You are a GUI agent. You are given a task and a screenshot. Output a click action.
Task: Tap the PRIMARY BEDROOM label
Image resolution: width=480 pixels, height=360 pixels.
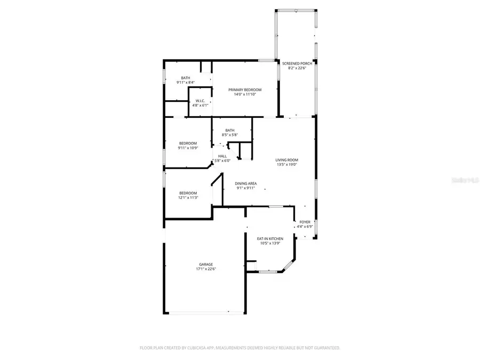tap(245, 90)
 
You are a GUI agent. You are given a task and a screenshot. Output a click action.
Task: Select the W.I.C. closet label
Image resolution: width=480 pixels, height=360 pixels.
tap(200, 101)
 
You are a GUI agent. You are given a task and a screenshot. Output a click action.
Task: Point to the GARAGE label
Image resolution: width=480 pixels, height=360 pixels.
tap(206, 264)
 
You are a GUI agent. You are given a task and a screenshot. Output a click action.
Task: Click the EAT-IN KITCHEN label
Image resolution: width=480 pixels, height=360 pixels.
tap(270, 238)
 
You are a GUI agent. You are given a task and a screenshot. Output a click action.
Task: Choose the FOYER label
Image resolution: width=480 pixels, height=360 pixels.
tap(305, 222)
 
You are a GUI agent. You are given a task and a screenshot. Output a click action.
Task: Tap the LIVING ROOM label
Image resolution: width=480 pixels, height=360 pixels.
tap(286, 160)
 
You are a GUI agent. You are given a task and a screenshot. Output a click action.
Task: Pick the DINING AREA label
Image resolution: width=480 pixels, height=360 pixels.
tap(245, 183)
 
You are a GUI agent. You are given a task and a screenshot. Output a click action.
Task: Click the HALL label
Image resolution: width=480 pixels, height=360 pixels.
tap(222, 156)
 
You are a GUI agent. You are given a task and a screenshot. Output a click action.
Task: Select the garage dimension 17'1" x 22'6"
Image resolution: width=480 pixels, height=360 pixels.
tap(206, 269)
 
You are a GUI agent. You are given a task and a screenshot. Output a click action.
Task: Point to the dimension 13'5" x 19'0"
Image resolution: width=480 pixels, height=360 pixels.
tap(286, 165)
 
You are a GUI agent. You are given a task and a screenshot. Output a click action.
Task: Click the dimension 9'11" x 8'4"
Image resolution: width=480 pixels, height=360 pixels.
tap(186, 83)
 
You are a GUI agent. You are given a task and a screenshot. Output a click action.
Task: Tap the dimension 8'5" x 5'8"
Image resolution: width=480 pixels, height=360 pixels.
tap(229, 135)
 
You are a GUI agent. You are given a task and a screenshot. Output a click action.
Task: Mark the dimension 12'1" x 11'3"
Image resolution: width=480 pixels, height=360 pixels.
tap(188, 198)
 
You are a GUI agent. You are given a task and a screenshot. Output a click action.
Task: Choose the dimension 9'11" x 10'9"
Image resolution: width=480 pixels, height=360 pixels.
tap(188, 148)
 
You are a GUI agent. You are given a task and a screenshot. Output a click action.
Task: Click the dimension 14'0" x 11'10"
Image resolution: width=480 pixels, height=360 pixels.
tap(245, 94)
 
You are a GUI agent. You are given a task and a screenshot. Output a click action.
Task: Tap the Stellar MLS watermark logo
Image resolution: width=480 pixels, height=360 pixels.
tap(466, 180)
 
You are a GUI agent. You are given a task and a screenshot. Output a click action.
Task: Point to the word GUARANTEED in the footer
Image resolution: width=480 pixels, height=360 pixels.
tap(324, 348)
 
